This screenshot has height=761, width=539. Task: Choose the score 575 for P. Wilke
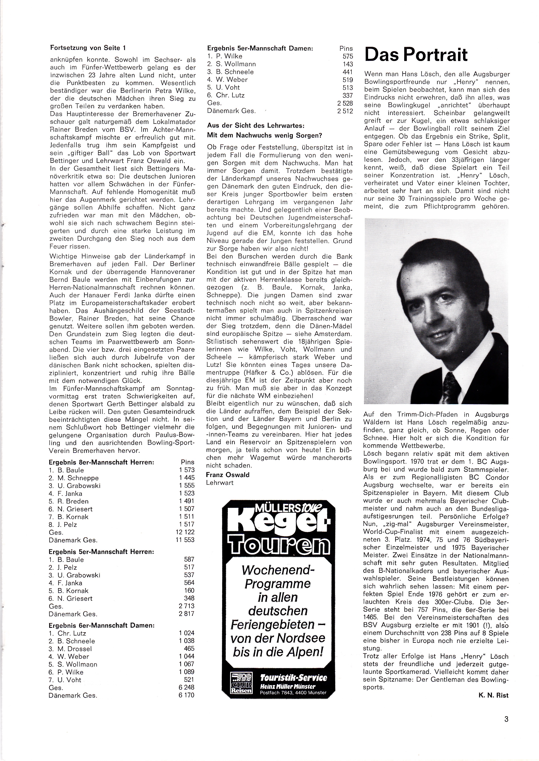tap(348, 56)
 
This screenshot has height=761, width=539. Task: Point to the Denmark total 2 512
tap(345, 111)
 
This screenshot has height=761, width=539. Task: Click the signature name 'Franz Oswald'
tap(228, 475)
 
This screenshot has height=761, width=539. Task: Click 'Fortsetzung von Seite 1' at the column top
tap(88, 48)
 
